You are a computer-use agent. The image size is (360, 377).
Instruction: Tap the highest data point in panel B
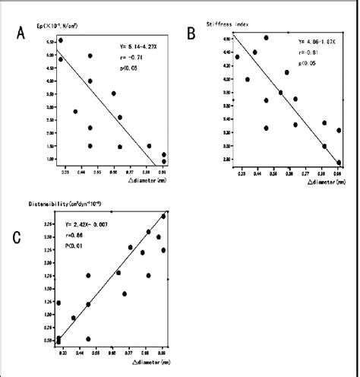266,37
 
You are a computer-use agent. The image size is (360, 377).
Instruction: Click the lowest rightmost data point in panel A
164,161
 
